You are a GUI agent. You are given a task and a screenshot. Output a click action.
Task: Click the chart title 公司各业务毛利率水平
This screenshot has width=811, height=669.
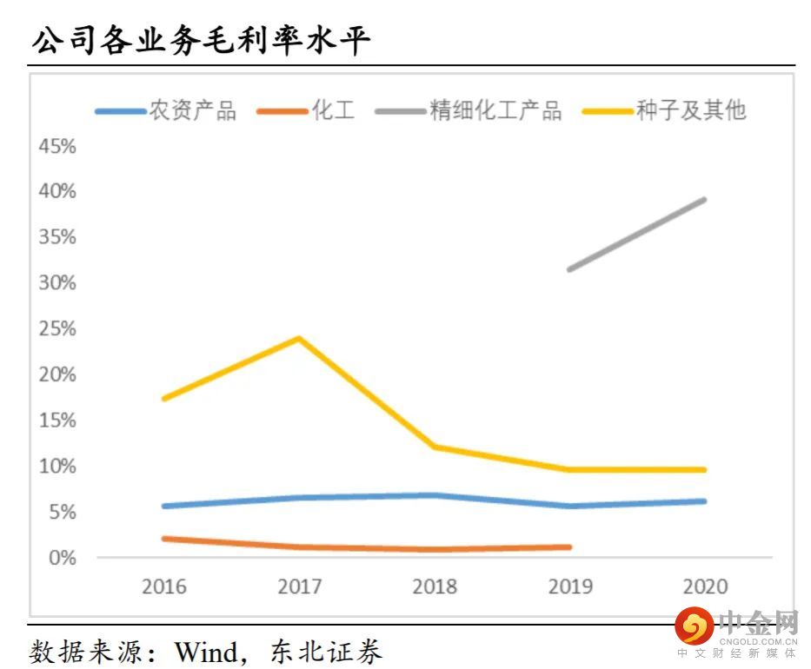[x=201, y=39]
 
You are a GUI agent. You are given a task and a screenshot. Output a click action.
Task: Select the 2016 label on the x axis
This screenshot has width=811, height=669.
[x=164, y=586]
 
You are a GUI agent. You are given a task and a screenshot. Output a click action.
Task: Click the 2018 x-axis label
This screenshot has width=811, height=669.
[x=435, y=586]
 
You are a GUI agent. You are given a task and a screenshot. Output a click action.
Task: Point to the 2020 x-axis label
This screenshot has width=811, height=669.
[x=705, y=586]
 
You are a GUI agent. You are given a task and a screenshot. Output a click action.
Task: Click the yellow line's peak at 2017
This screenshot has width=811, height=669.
[x=299, y=338]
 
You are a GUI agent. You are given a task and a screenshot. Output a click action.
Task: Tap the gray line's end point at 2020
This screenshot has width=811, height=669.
[x=704, y=200]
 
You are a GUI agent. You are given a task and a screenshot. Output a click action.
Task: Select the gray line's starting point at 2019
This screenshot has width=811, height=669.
[x=569, y=269]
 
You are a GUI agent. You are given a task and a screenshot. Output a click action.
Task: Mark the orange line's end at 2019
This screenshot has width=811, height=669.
[x=569, y=547]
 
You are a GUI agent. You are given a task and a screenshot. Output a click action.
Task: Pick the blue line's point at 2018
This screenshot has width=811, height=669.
[x=435, y=495]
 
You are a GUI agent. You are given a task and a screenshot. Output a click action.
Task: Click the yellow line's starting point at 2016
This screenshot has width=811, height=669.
[x=164, y=398]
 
